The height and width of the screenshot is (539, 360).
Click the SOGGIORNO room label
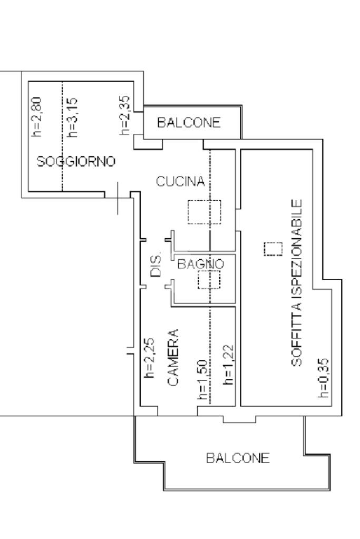click(76, 162)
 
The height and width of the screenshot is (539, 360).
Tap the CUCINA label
click(180, 182)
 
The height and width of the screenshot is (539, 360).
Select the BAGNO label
click(201, 264)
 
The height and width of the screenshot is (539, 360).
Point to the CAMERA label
click(174, 359)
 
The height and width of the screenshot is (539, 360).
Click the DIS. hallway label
click(156, 267)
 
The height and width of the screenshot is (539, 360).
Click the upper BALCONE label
click(188, 123)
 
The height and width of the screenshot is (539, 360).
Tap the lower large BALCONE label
click(238, 458)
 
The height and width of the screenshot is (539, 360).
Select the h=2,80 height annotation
click(36, 116)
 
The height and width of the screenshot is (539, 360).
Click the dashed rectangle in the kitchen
click(205, 212)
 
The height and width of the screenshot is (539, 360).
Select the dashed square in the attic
click(273, 249)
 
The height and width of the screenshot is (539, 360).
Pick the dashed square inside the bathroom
click(209, 279)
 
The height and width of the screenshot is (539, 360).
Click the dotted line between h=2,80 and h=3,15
click(62, 136)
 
